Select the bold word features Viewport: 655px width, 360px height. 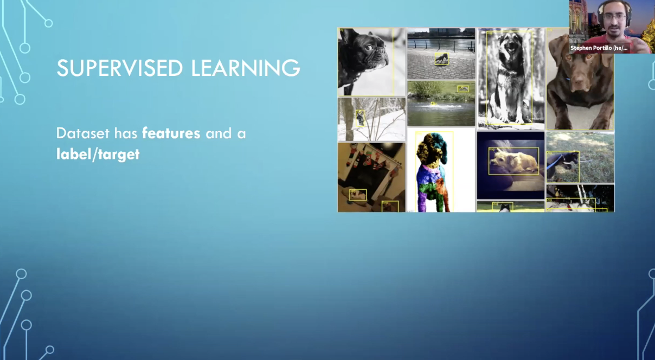(x=171, y=133)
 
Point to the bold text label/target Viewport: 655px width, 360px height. (x=98, y=154)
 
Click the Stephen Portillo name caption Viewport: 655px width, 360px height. (x=599, y=48)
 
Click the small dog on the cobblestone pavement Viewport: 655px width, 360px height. (x=441, y=59)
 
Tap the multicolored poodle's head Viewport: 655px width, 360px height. (x=433, y=144)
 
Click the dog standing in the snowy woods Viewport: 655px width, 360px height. (x=360, y=118)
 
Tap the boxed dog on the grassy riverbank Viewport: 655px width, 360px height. (x=463, y=88)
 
